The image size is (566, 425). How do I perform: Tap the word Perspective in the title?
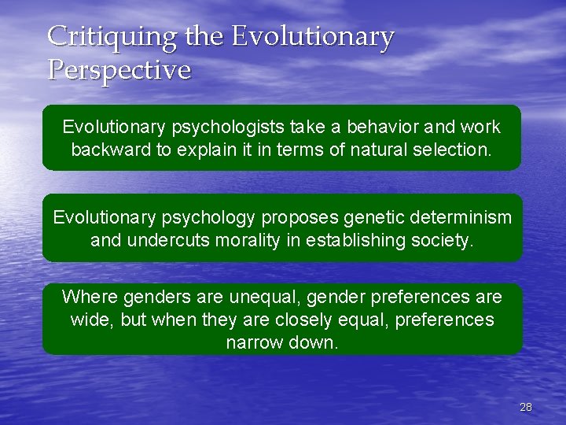tap(119, 70)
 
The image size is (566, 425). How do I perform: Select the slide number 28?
tap(526, 407)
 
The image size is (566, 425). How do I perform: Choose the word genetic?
tap(364, 217)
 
